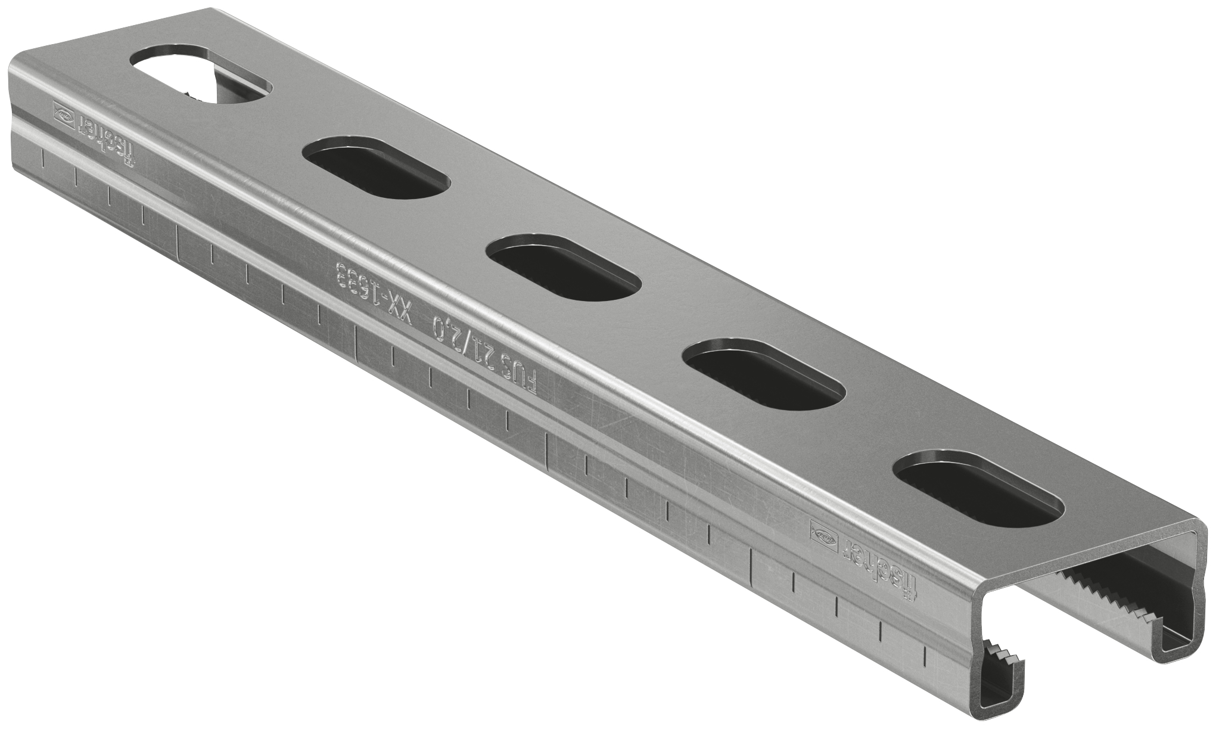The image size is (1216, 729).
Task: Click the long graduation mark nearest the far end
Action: [x=178, y=241]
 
